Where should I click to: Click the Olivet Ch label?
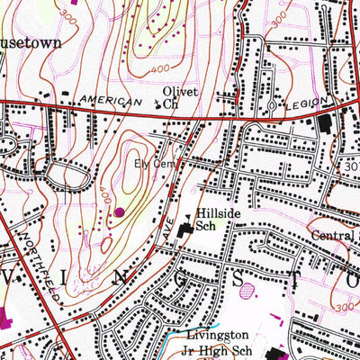click(178, 98)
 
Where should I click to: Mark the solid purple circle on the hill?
click(120, 212)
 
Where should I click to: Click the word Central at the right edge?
click(331, 238)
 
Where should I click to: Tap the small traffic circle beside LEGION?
click(273, 109)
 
